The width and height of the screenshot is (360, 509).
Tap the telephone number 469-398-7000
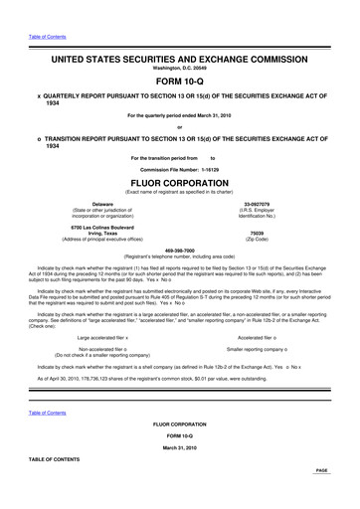[x=179, y=250]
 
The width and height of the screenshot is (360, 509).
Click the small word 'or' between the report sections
[x=179, y=126]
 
